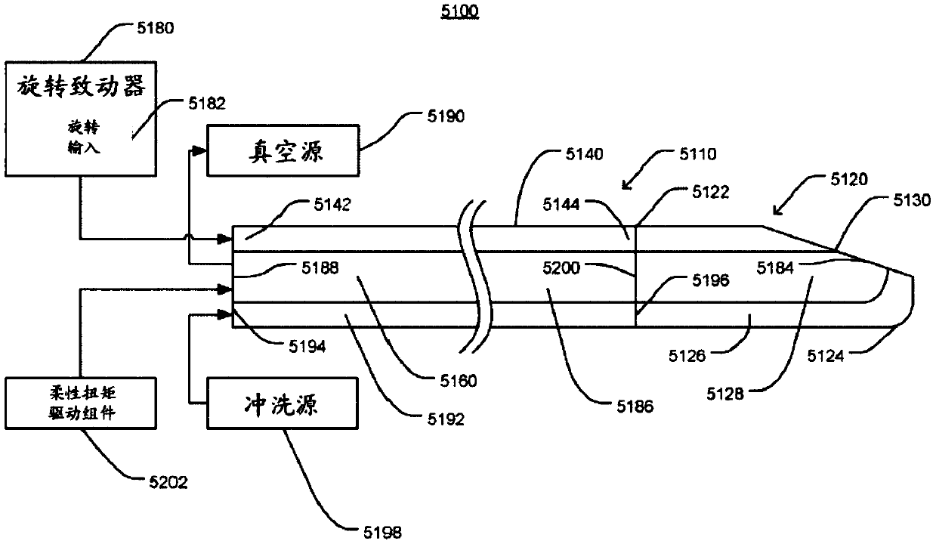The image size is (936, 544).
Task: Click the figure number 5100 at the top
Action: click(459, 11)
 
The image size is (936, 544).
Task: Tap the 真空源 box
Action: click(283, 150)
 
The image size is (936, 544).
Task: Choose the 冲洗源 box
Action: click(283, 403)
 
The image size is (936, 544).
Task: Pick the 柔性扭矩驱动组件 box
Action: click(81, 403)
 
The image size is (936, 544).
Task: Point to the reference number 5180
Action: click(156, 29)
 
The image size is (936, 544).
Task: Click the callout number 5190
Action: click(446, 116)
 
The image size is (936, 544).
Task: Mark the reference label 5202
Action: click(168, 483)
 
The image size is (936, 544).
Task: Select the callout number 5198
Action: click(382, 533)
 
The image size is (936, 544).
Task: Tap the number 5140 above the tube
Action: click(585, 155)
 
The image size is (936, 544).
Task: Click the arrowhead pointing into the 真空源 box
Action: click(199, 150)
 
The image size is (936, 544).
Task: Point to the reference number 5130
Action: click(912, 200)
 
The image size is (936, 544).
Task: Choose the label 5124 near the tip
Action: click(826, 356)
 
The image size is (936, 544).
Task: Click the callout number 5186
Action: click(635, 406)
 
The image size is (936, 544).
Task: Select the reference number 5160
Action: click(459, 381)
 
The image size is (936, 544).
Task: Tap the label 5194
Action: click(307, 346)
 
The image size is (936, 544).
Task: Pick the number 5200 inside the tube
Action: click(561, 267)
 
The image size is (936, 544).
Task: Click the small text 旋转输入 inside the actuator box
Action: click(84, 137)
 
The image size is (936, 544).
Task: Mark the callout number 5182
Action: click(207, 104)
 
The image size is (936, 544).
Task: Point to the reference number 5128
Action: click(725, 394)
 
